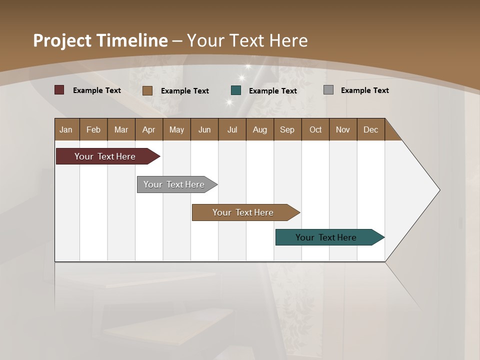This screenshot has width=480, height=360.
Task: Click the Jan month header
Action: point(66,129)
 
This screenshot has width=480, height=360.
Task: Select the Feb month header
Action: point(93,129)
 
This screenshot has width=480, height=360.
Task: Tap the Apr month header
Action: point(148,129)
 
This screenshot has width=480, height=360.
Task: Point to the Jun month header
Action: point(204,129)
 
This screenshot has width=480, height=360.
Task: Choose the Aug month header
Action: point(259,129)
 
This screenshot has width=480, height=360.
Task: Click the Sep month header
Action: point(287,129)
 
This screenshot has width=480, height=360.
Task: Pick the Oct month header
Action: point(315,129)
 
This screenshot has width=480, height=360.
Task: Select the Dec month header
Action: point(370,129)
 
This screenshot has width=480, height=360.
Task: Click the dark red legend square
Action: point(59,90)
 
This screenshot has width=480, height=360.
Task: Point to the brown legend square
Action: point(147,90)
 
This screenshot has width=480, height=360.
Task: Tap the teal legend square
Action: point(236,90)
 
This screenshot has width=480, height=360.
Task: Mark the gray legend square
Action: point(328,90)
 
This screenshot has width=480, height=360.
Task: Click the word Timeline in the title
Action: point(132,40)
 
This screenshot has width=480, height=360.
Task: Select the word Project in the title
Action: point(62,40)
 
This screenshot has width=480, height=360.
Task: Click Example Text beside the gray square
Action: point(364,90)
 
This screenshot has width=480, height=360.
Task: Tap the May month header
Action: point(176,129)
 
